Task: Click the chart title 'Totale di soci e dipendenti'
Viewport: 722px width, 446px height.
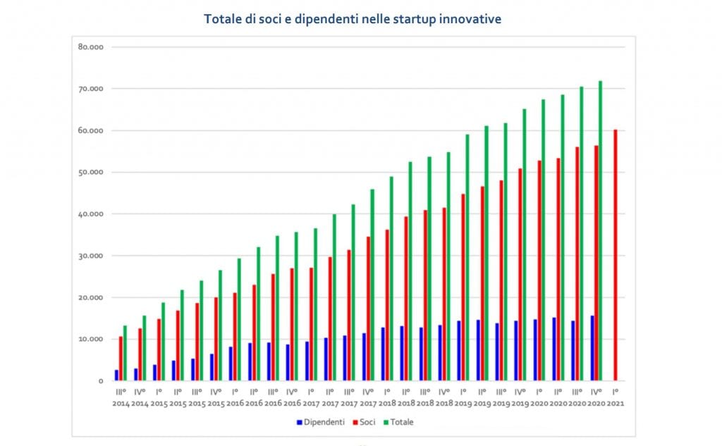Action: click(x=353, y=19)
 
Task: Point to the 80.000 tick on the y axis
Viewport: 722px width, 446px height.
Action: click(x=91, y=47)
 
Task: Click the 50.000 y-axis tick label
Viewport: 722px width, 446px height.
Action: click(x=91, y=173)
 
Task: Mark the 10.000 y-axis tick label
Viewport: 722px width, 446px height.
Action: click(x=91, y=340)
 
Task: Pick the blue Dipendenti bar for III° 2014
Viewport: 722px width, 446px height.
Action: click(x=116, y=375)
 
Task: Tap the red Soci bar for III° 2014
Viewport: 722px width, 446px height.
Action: click(x=121, y=359)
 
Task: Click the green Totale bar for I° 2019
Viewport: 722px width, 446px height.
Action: click(x=467, y=257)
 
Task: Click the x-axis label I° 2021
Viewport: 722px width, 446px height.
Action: click(x=616, y=397)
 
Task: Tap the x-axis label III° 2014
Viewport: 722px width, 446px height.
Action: click(x=121, y=397)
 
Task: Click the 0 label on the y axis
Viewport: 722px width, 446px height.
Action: click(x=100, y=381)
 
